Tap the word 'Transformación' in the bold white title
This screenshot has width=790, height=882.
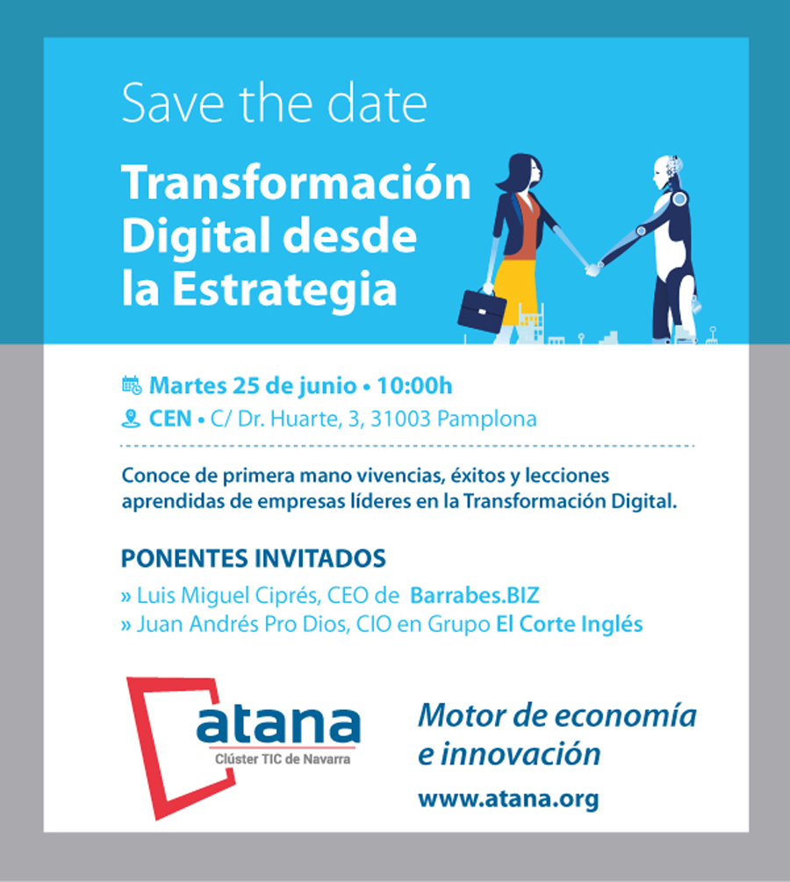pyautogui.click(x=296, y=183)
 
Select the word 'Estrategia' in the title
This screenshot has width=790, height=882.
pyautogui.click(x=284, y=289)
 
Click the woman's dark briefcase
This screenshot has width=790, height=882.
pyautogui.click(x=481, y=311)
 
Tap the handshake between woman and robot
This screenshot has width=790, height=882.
pyautogui.click(x=592, y=269)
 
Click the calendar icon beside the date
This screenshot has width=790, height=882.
pyautogui.click(x=132, y=385)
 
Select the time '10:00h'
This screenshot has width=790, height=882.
pyautogui.click(x=414, y=386)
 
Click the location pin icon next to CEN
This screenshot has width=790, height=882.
pyautogui.click(x=131, y=419)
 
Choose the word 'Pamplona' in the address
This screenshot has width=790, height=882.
pyautogui.click(x=486, y=419)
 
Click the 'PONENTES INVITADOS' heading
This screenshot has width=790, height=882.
pyautogui.click(x=253, y=558)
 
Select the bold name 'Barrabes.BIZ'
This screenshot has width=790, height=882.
pyautogui.click(x=474, y=595)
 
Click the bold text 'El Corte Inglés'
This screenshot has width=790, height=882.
pyautogui.click(x=569, y=624)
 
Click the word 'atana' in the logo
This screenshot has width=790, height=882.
pyautogui.click(x=278, y=723)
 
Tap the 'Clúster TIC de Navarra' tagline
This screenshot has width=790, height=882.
pyautogui.click(x=283, y=759)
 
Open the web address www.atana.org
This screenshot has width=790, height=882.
pyautogui.click(x=508, y=799)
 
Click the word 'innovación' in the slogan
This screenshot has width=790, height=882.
pyautogui.click(x=521, y=754)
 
